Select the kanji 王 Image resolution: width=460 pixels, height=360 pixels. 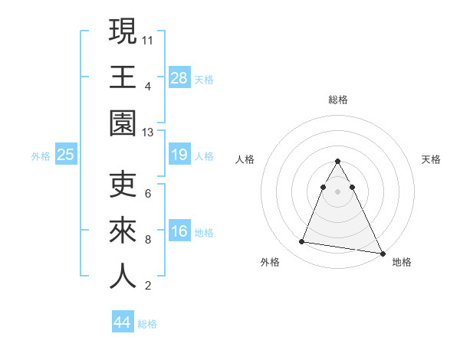pos(123,77)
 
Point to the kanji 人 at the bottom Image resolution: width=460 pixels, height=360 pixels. pos(123,277)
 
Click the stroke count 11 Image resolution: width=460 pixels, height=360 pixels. pos(148,39)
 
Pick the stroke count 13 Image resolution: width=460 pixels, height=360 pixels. pos(148,133)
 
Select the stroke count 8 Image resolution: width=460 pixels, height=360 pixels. pos(148,239)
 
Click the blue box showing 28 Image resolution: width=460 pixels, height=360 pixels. pos(179,77)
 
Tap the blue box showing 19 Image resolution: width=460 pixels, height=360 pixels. pos(179,155)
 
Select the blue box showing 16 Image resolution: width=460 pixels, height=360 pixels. pos(179,232)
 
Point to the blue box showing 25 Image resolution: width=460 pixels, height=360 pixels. pos(65,155)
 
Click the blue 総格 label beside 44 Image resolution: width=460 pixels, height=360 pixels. pos(147,324)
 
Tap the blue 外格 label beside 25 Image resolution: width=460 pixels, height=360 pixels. pos(41,156)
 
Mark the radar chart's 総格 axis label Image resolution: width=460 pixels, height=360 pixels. pos(337,100)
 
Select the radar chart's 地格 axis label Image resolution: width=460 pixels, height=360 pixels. pos(402,262)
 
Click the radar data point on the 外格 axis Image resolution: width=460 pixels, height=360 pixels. pos(302,242)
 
